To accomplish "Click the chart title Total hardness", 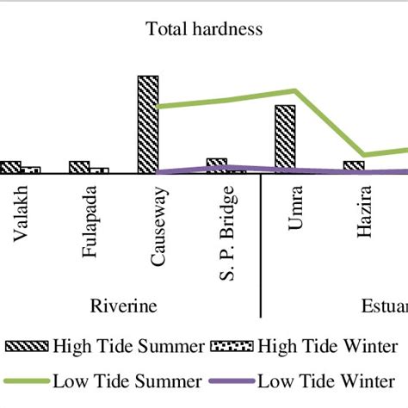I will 204,30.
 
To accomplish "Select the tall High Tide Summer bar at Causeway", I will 148,124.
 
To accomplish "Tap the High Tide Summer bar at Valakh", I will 10,167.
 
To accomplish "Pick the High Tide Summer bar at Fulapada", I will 79,167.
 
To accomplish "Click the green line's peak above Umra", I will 295,90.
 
